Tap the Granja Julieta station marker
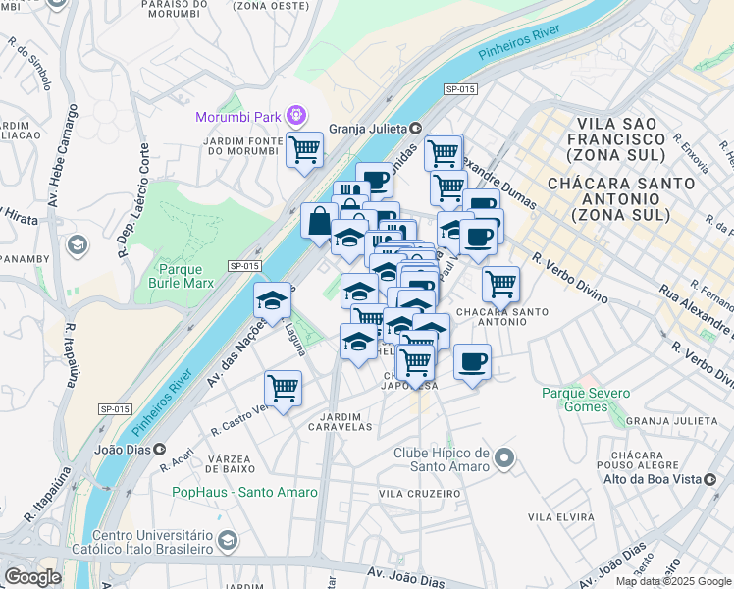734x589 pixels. point(416,127)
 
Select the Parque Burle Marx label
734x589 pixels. point(180,276)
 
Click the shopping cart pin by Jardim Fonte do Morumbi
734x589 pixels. point(305,150)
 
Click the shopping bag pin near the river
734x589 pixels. point(319,220)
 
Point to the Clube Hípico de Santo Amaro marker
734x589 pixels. point(504,457)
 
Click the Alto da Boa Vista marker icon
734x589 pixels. point(610,478)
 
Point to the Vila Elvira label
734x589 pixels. point(560,516)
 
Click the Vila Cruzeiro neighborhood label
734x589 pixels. point(420,493)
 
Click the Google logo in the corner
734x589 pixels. point(32,577)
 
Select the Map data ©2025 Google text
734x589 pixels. point(673,581)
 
